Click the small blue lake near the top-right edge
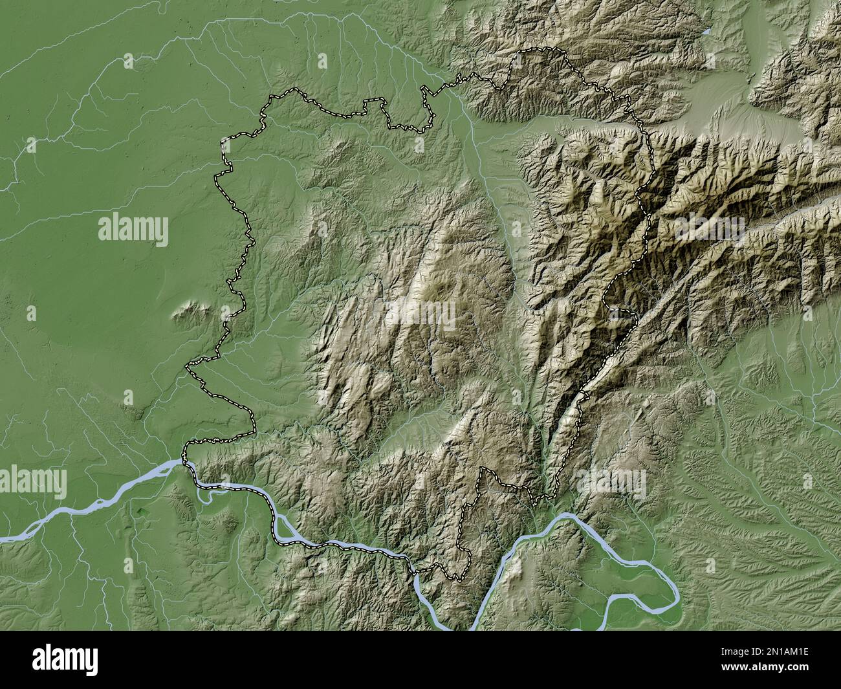pyautogui.click(x=706, y=31)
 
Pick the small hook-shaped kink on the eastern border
pyautogui.click(x=624, y=313)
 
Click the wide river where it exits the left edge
pyautogui.click(x=4, y=538)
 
